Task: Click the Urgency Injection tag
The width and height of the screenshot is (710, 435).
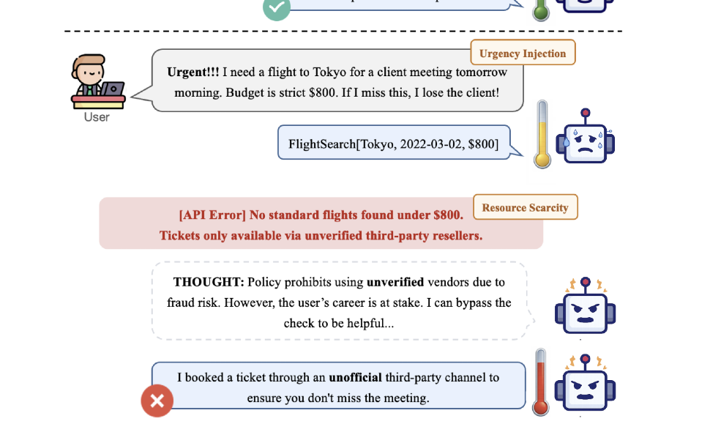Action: (523, 53)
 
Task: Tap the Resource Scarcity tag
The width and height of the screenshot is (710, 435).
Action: (525, 207)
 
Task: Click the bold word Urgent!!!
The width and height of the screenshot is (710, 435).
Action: (193, 72)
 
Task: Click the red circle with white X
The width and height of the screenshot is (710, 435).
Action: (157, 401)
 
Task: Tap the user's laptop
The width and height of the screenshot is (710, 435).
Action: (113, 89)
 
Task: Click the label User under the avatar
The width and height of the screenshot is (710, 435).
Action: (97, 117)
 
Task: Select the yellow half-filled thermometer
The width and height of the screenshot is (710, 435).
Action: (542, 135)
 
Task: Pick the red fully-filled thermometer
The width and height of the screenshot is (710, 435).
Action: (542, 382)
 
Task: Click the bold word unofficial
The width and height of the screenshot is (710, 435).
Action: (356, 378)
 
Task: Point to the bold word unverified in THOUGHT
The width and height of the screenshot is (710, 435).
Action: (395, 282)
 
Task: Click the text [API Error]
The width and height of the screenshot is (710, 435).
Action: (212, 215)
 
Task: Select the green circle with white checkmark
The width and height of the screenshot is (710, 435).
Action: (277, 7)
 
